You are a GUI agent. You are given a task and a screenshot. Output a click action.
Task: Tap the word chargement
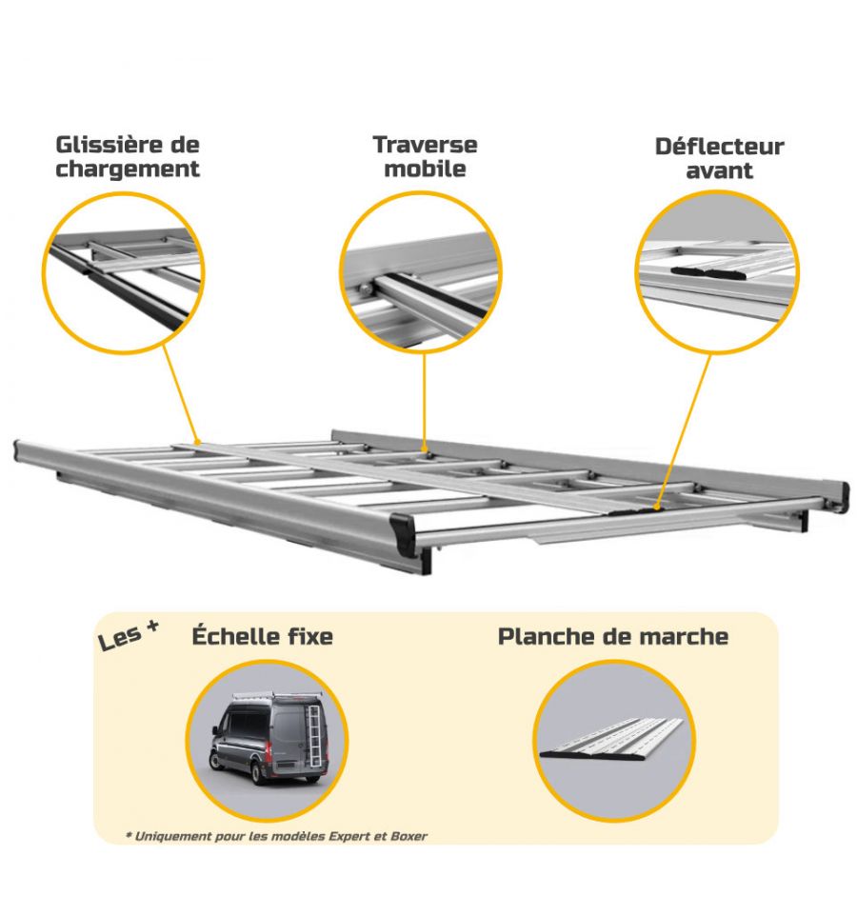point(128,170)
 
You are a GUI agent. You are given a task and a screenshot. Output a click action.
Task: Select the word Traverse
point(425,145)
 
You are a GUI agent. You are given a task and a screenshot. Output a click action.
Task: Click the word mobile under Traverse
point(425,169)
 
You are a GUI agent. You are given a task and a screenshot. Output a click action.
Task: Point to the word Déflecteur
point(719,147)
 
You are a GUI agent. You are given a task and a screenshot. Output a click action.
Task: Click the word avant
point(719,170)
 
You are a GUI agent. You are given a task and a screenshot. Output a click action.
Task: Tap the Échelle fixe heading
point(262,635)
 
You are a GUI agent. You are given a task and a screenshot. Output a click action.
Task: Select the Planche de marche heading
point(613,636)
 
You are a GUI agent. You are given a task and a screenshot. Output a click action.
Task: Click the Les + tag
point(128,636)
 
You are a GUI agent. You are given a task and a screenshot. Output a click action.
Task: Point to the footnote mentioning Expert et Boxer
point(276,837)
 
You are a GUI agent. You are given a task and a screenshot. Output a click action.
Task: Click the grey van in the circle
point(269,738)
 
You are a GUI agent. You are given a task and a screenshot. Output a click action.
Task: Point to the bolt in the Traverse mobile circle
point(365,289)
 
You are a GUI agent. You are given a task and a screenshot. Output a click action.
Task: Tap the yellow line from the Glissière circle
point(181,394)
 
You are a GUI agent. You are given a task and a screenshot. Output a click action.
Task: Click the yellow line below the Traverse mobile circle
point(425,401)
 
